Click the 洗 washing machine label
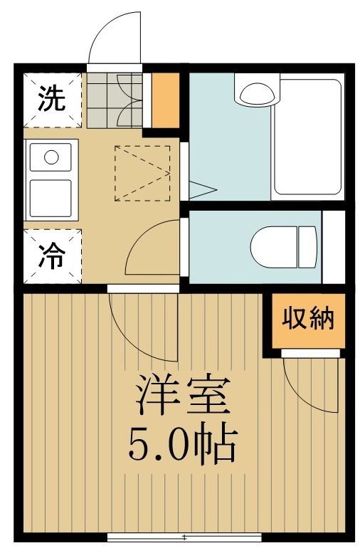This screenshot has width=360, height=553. [x=51, y=98]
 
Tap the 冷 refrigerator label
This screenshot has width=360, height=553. [x=51, y=257]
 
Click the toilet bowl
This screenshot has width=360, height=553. [x=274, y=246]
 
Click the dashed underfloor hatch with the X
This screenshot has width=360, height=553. [x=142, y=172]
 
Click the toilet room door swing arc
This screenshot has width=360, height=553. [x=153, y=249]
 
